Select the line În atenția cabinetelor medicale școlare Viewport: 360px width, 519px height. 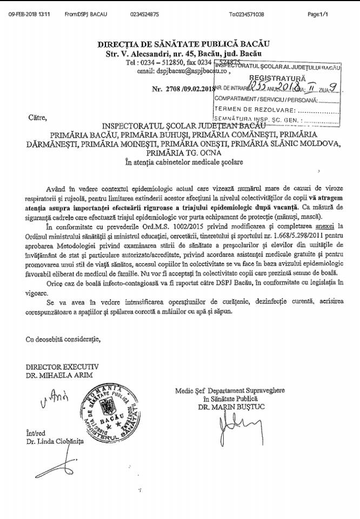click(183, 162)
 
